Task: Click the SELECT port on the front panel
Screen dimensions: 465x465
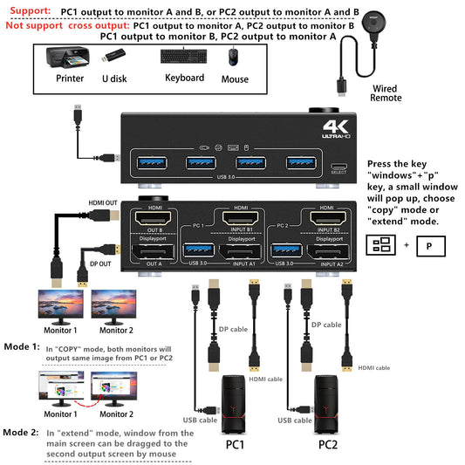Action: pos(338,168)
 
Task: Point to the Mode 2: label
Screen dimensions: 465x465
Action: pos(20,432)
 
